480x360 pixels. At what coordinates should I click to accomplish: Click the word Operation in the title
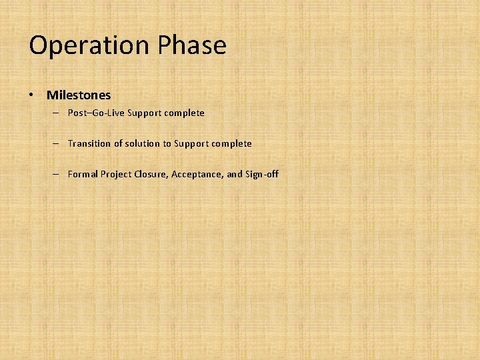[89, 46]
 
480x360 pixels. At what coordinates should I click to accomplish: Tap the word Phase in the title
[192, 46]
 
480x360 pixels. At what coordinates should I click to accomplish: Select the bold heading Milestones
[79, 95]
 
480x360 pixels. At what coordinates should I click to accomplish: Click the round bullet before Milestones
[32, 95]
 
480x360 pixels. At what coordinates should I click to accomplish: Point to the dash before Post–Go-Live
[57, 113]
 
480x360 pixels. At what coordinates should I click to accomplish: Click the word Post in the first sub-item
[77, 113]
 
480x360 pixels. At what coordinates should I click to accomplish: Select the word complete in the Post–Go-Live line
[184, 113]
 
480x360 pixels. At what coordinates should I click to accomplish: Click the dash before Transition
[57, 144]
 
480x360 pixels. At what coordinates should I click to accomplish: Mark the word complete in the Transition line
[232, 143]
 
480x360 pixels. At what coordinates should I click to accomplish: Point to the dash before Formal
[57, 175]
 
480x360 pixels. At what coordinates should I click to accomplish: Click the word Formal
[83, 174]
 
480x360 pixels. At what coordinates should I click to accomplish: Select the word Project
[116, 174]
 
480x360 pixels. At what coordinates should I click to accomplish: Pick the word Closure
[151, 174]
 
